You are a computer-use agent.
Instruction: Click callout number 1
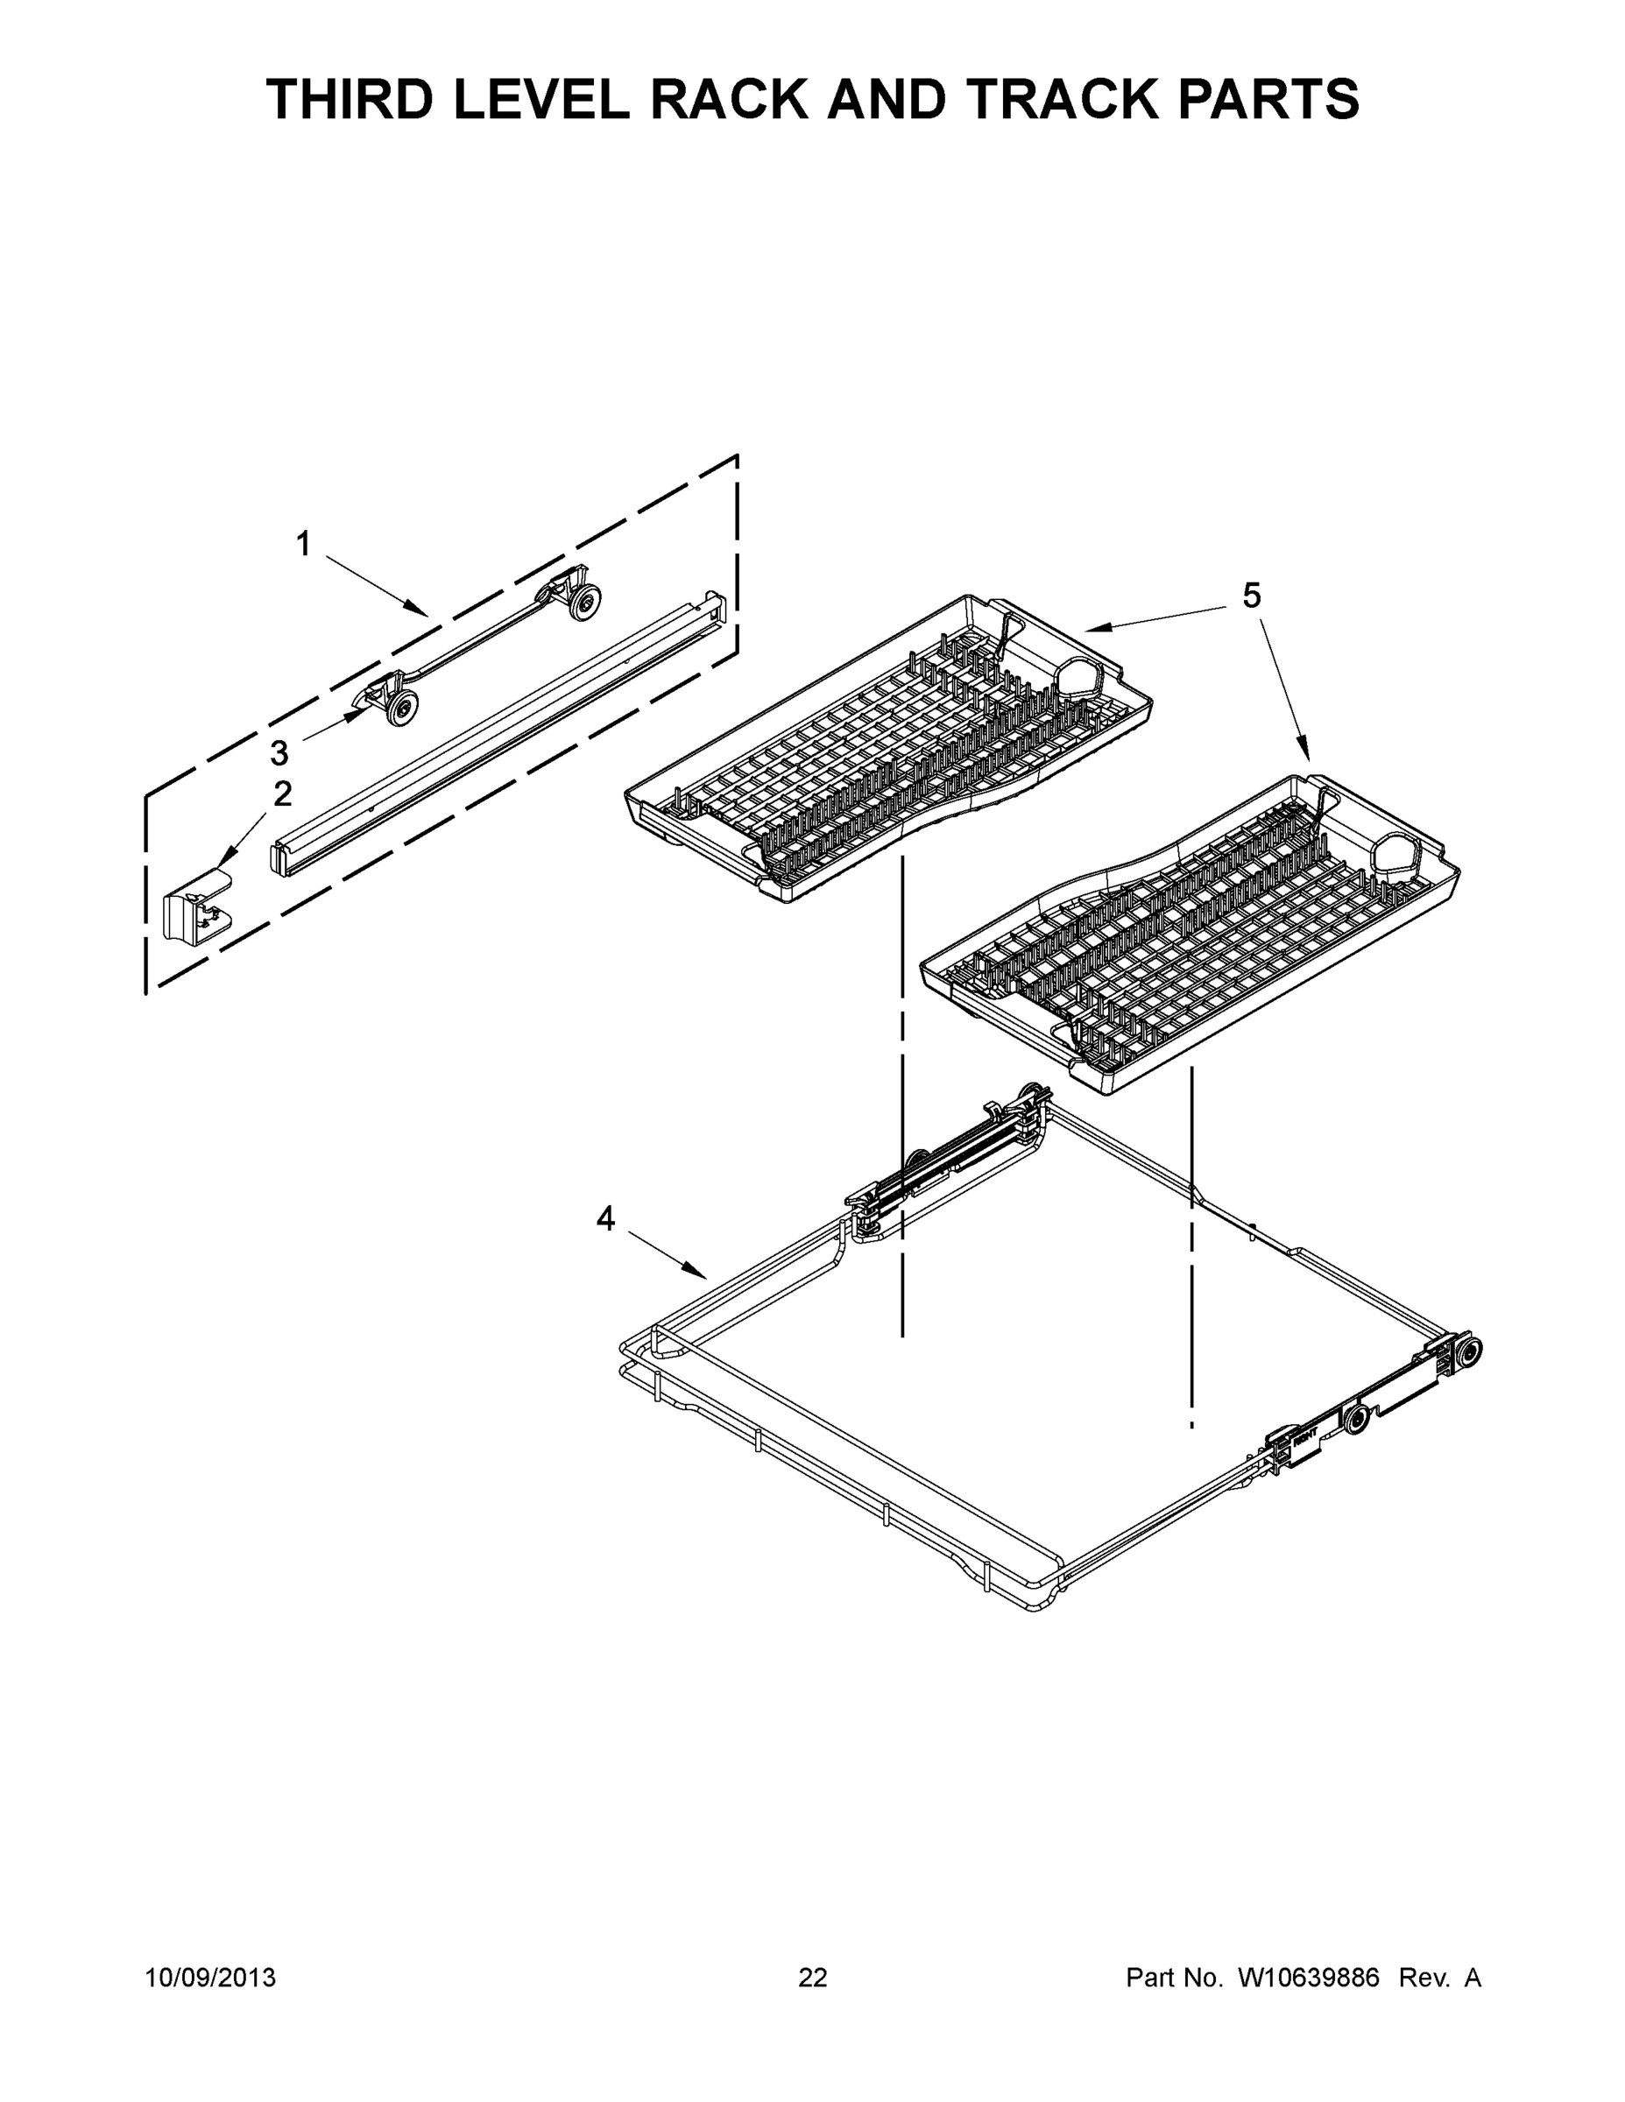[303, 545]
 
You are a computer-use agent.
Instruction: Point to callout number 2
[282, 794]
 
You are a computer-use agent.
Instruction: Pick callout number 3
[279, 752]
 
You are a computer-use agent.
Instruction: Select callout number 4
[604, 1219]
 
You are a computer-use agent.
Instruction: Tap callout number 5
[1251, 596]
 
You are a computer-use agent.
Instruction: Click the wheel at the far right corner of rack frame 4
[1469, 1351]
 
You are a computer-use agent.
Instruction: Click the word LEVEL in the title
[543, 99]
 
